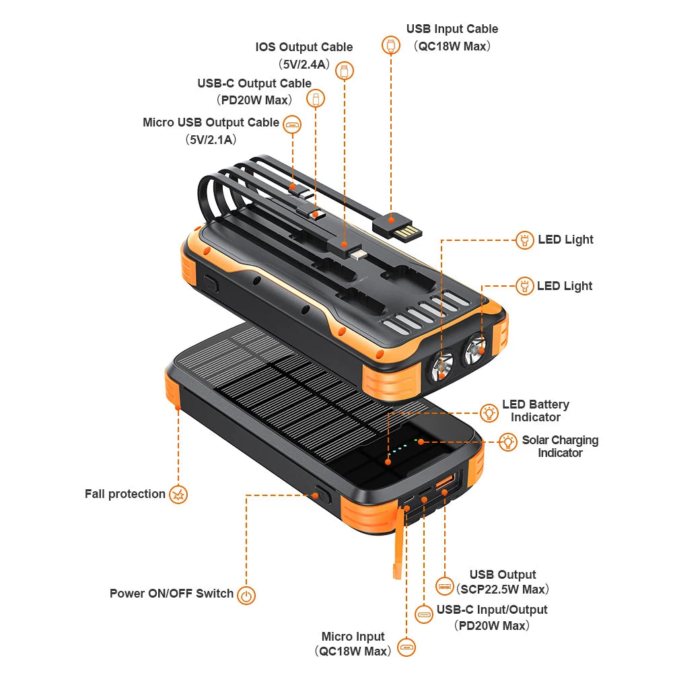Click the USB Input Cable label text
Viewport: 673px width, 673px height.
(452, 29)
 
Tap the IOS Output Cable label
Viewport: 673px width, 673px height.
(304, 47)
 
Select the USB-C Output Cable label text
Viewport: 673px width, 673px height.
(254, 83)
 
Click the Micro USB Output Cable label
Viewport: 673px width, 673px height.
(211, 122)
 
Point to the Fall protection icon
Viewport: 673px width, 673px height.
(178, 495)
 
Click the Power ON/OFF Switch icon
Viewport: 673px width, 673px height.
(247, 595)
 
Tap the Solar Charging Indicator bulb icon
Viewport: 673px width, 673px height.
(507, 442)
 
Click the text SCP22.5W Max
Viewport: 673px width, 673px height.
(503, 590)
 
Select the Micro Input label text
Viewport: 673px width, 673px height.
(353, 637)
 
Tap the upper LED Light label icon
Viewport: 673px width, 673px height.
(525, 240)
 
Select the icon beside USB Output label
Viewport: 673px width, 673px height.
(445, 586)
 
